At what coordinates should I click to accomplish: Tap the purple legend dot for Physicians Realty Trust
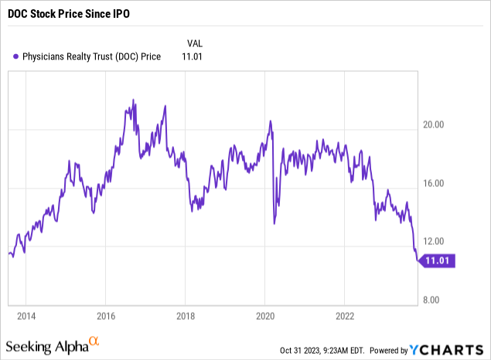point(16,56)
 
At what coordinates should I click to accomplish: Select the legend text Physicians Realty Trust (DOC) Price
point(91,56)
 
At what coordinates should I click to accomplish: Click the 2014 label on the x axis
point(26,316)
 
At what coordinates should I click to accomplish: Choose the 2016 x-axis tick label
point(106,316)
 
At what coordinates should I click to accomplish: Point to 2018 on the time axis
point(186,316)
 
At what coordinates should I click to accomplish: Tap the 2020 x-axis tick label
point(265,316)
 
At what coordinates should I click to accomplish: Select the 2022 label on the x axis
point(345,316)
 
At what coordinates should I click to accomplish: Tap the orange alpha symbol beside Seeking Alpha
point(94,340)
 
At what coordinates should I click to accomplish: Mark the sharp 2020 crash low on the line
point(274,224)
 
